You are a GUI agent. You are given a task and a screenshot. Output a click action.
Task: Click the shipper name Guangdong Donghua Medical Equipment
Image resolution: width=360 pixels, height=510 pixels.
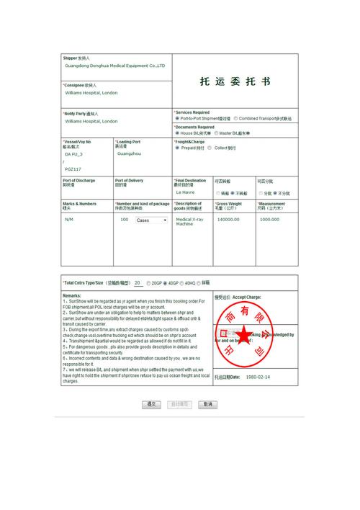(114, 66)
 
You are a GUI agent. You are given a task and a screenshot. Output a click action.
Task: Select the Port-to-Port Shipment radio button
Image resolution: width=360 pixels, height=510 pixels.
(177, 119)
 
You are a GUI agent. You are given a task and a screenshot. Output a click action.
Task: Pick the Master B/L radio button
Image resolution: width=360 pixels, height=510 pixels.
(216, 133)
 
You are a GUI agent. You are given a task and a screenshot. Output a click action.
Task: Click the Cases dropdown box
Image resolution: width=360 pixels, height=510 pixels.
(151, 220)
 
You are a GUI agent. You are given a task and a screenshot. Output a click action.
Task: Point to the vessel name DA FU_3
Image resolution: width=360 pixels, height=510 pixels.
(73, 154)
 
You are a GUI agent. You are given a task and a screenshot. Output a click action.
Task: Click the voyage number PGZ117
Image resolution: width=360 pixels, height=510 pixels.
(73, 169)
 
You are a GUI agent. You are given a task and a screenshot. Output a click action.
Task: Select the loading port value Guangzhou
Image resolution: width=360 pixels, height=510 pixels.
(129, 154)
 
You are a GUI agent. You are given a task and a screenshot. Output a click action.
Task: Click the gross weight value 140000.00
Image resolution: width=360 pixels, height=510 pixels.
(228, 219)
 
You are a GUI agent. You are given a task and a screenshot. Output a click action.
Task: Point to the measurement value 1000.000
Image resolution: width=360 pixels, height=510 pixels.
(269, 219)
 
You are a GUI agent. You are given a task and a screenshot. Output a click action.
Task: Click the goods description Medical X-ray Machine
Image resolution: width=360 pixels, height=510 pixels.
(189, 222)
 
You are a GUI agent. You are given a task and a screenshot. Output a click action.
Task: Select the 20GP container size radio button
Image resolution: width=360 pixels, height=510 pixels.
(148, 283)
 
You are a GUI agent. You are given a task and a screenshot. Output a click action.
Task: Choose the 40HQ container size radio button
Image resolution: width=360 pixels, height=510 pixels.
(181, 283)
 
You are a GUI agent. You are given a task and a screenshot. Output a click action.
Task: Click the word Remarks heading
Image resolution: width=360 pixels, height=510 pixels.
(72, 296)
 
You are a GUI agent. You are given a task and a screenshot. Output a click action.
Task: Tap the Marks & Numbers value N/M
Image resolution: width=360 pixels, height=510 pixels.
(69, 219)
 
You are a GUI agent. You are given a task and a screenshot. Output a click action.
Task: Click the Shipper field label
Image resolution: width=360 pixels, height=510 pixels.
(70, 58)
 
